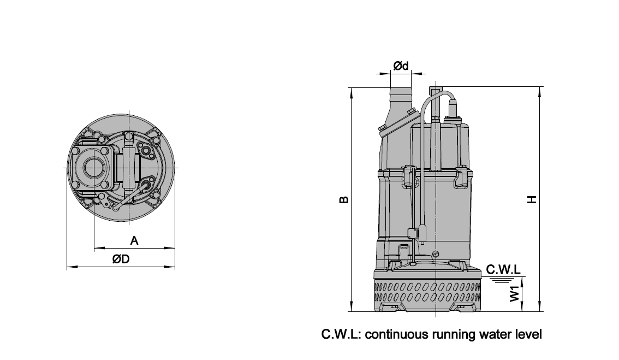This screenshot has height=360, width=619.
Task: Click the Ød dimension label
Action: [x=401, y=66]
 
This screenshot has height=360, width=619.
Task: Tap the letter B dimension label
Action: [x=344, y=200]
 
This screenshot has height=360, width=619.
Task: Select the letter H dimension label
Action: [x=533, y=200]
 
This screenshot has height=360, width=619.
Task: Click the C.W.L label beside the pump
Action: [x=503, y=269]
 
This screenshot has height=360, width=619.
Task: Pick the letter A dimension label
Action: [x=134, y=240]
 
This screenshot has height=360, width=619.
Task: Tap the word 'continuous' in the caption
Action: [x=397, y=334]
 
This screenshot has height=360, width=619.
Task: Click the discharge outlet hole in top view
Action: [x=94, y=168]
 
